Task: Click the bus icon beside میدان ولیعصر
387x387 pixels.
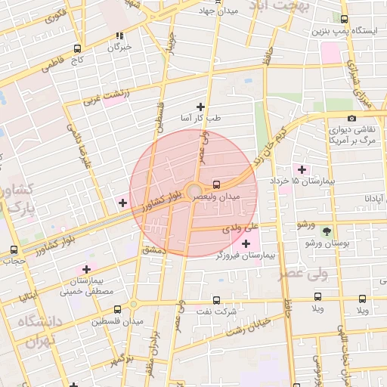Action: click(217, 184)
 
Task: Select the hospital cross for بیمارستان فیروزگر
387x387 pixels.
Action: click(245, 243)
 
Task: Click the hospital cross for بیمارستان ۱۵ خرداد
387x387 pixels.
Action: click(302, 169)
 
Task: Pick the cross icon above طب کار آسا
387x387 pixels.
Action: click(200, 107)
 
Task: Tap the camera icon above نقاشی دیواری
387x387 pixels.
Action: click(351, 118)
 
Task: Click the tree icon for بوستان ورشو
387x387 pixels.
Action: click(327, 231)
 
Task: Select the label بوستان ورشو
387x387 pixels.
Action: click(328, 243)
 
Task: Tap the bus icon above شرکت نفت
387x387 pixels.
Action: click(216, 299)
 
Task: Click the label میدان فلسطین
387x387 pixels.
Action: click(118, 322)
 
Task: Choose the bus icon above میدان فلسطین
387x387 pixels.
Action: click(117, 308)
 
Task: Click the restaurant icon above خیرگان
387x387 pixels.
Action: click(119, 35)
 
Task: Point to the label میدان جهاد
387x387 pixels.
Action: click(218, 11)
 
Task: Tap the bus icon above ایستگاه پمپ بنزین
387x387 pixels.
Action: click(345, 19)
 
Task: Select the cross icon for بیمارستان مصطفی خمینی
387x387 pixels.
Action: click(87, 268)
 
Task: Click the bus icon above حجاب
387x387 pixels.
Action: click(14, 250)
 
